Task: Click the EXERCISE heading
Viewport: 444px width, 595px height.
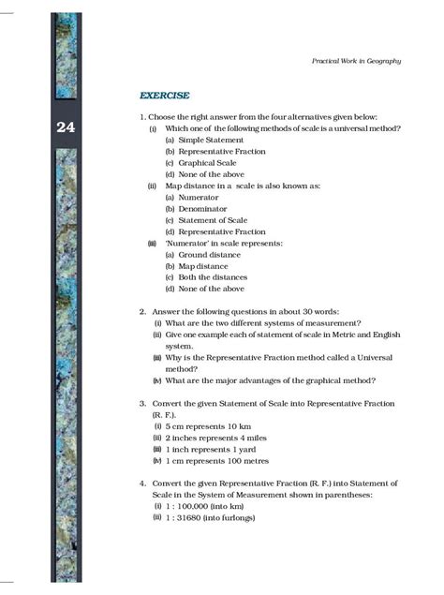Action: [x=164, y=96]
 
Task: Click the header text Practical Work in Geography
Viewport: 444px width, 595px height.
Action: [x=356, y=61]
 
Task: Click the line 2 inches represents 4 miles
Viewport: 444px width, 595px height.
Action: [x=216, y=438]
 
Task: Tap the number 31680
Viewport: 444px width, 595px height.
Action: [x=197, y=517]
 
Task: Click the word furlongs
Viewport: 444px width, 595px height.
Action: [x=240, y=517]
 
